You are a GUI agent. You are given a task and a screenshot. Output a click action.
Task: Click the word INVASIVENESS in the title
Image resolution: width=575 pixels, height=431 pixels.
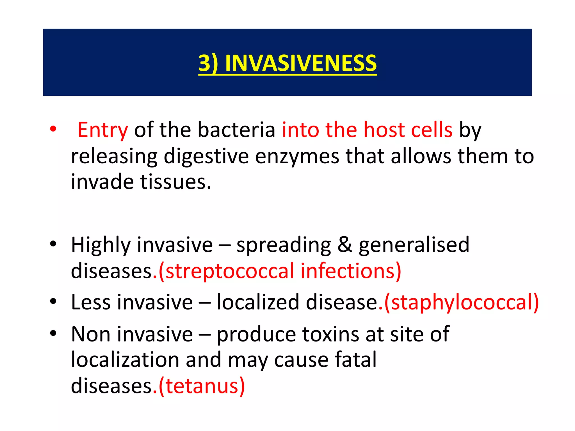(x=301, y=63)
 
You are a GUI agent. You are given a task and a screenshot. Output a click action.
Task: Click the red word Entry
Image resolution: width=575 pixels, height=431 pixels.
(x=103, y=130)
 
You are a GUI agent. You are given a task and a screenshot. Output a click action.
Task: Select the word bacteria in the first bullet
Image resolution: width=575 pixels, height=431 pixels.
(x=236, y=130)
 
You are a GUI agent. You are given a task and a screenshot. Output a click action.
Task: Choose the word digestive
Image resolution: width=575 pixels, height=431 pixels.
(x=206, y=157)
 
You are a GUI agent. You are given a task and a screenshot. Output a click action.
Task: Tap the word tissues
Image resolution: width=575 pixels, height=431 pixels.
(x=175, y=182)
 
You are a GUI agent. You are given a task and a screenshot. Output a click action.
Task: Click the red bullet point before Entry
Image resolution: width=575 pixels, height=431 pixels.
(x=53, y=129)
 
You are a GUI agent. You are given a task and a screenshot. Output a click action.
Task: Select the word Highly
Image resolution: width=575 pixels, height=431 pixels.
(x=101, y=245)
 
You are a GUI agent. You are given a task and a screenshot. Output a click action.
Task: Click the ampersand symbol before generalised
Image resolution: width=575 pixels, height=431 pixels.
(x=344, y=245)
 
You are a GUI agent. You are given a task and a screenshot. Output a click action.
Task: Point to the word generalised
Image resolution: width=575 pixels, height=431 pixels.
(x=414, y=245)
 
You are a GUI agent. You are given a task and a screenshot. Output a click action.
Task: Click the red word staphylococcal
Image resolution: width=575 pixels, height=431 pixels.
(x=462, y=302)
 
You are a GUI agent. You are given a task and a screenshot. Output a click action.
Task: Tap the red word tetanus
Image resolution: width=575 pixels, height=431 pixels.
(x=202, y=386)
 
